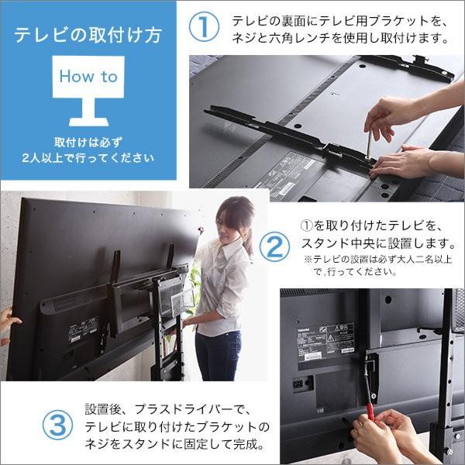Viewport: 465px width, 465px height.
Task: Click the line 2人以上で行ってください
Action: click(88, 159)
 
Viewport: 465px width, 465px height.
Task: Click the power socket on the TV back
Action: click(298, 384)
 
